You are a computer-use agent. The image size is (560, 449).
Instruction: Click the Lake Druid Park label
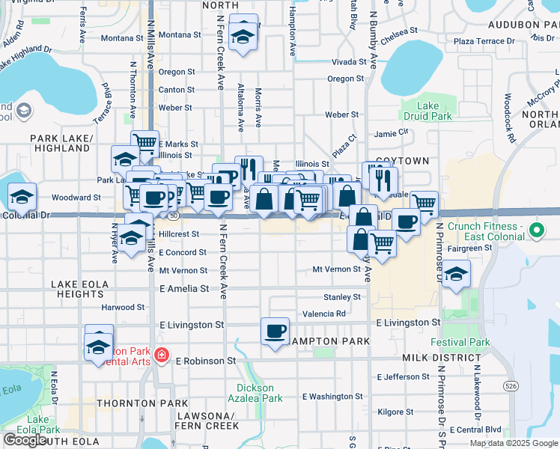(x=427, y=111)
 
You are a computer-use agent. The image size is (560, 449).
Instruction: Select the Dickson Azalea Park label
(x=260, y=393)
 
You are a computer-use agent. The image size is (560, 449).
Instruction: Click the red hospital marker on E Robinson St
(x=161, y=355)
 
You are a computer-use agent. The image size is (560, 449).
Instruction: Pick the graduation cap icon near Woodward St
(x=22, y=197)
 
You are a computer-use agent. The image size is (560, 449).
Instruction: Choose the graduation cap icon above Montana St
(x=243, y=35)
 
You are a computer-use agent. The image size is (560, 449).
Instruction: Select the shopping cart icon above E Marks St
(x=144, y=142)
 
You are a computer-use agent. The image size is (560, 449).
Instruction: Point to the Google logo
(x=25, y=440)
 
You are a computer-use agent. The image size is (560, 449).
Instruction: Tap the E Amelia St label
(x=184, y=288)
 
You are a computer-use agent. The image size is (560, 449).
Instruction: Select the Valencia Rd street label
(x=324, y=314)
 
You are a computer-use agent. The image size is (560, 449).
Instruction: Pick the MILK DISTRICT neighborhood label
(x=434, y=359)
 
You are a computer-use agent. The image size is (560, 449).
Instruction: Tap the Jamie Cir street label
(x=392, y=132)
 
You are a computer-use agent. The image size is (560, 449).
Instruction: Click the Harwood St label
(x=124, y=307)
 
